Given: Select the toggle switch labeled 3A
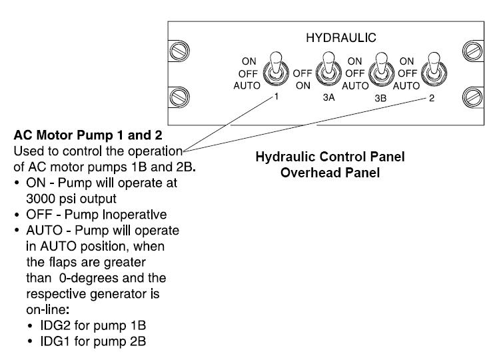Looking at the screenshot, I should [326, 69].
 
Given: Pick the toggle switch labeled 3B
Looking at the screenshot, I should [382, 69].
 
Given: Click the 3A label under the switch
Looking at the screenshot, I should [328, 96].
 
